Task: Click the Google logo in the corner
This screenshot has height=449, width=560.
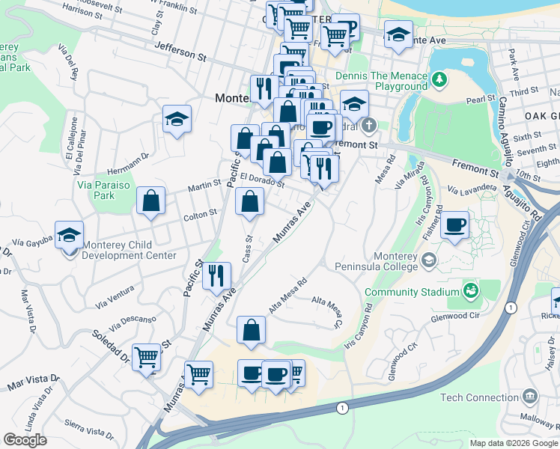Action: (x=25, y=440)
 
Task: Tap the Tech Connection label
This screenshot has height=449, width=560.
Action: (x=479, y=397)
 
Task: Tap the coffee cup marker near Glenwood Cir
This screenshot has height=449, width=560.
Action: (x=454, y=224)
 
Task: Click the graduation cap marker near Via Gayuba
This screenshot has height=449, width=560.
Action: (x=69, y=235)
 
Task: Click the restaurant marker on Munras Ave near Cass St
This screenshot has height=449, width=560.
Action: (x=216, y=275)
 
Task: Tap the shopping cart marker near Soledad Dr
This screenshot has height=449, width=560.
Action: (x=146, y=357)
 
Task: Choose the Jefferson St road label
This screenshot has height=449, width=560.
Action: (x=180, y=51)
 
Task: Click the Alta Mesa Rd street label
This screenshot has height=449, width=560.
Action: (x=288, y=296)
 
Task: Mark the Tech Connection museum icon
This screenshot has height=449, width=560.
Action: (x=530, y=395)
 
